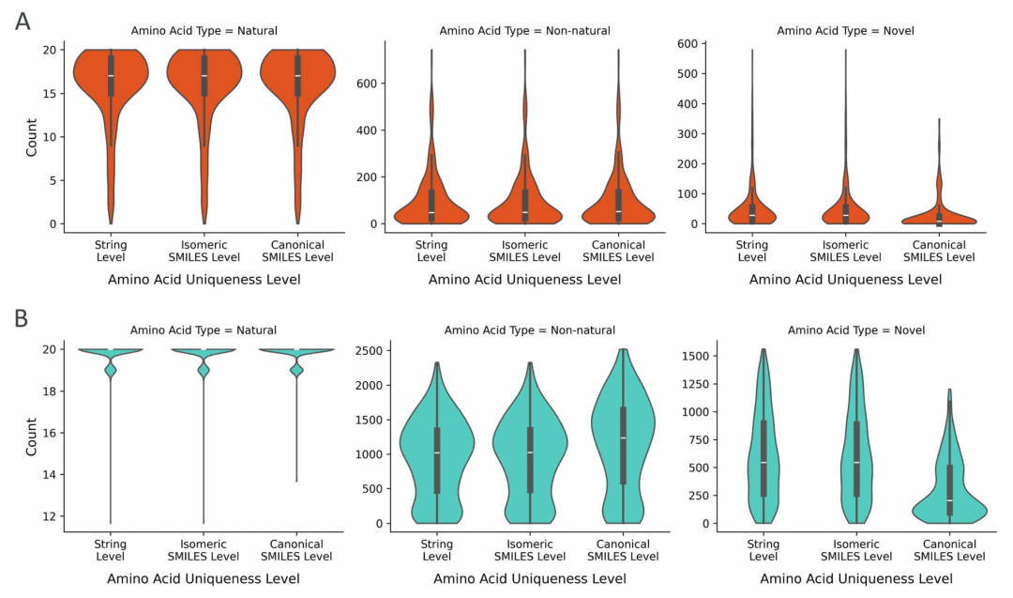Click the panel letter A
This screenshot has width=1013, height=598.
[23, 21]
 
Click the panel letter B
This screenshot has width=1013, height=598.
[23, 319]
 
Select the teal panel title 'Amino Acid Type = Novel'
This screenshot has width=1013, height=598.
[856, 330]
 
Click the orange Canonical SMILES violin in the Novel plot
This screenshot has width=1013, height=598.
[939, 216]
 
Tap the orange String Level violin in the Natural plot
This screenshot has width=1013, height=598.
[111, 84]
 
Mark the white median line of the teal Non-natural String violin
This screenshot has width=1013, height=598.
[437, 453]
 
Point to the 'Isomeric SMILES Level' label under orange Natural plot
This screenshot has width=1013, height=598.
[204, 250]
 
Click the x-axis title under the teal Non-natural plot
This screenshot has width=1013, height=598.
[530, 578]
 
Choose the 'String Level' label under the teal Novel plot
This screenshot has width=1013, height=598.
[764, 550]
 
